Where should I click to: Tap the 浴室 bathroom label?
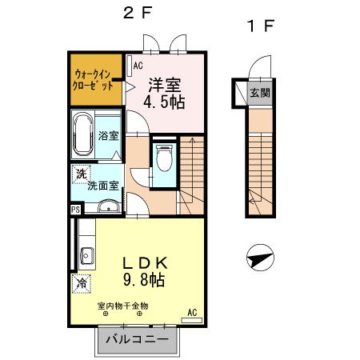pos(109,136)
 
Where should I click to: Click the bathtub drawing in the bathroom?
pos(83,137)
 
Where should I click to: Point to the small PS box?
pos(75,210)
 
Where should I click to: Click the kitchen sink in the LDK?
pos(86,258)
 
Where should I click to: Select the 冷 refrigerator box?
pos(81,282)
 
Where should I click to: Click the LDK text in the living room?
pos(143,262)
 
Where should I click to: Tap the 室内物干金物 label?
pos(122,306)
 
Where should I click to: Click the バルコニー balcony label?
pos(137,340)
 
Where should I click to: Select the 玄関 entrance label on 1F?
pos(259,93)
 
